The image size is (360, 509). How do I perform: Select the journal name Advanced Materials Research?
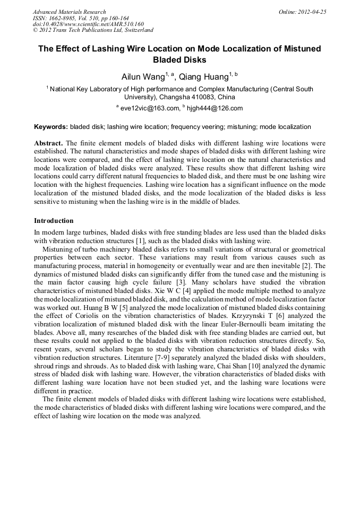pos(69,12)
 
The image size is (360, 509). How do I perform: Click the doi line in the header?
pos(88,24)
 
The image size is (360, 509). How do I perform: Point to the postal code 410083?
pos(200,97)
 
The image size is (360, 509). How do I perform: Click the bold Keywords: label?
pos(51,127)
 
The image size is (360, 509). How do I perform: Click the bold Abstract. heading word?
pos(49,144)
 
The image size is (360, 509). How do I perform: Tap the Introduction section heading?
pos(54,220)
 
